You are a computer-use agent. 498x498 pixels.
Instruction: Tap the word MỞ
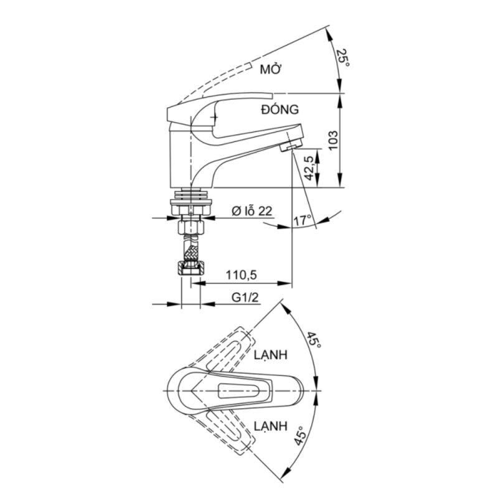click(x=271, y=68)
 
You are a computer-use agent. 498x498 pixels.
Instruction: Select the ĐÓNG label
click(x=280, y=110)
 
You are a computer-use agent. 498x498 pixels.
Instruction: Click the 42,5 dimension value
click(x=309, y=168)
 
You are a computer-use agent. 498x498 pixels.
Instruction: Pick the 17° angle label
click(x=302, y=220)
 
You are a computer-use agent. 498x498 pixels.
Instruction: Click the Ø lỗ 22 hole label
click(x=252, y=211)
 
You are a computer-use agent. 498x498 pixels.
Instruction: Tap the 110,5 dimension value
click(x=241, y=275)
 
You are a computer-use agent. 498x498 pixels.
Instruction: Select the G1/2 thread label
click(x=245, y=298)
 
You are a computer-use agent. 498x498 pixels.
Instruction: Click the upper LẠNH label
click(x=271, y=355)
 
